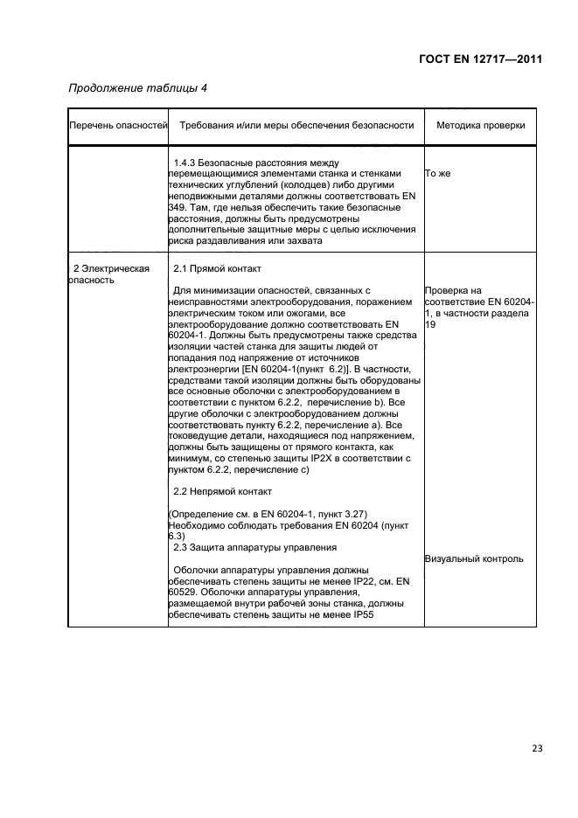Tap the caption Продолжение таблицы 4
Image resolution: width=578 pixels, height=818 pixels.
coord(137,87)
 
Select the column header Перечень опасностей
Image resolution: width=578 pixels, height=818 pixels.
coord(118,126)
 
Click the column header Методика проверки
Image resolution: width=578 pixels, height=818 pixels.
coord(480,126)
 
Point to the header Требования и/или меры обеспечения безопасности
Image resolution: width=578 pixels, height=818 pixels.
coord(296,126)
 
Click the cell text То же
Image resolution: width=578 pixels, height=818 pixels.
coord(438,174)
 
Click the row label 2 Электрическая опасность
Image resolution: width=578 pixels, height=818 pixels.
coord(111,274)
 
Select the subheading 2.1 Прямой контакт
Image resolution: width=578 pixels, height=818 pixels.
coord(217,268)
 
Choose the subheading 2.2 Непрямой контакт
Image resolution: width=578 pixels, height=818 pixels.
coord(223,491)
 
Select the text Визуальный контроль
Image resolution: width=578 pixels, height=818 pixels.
coord(474,559)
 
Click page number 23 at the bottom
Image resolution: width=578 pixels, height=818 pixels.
coord(536,748)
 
